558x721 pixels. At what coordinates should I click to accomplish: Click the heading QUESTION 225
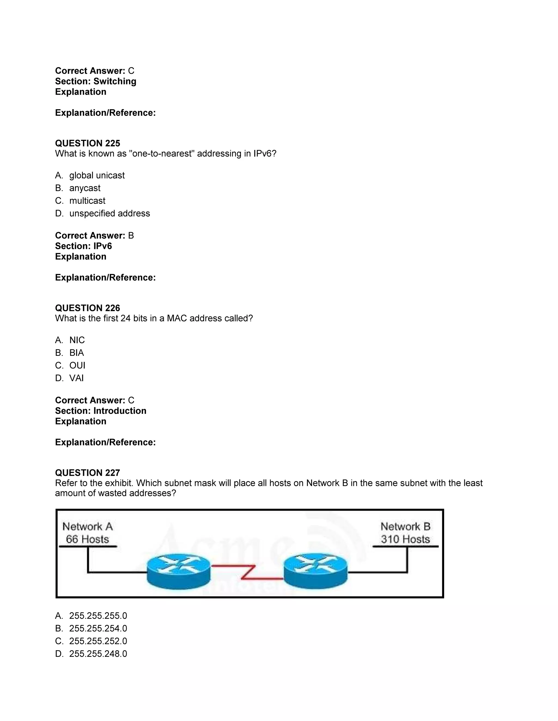click(x=88, y=143)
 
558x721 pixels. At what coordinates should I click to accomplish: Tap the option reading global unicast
click(x=97, y=175)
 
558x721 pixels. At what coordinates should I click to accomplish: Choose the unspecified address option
click(x=110, y=213)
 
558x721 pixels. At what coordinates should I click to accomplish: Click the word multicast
click(x=87, y=201)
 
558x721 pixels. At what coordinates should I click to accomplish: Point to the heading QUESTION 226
click(x=88, y=308)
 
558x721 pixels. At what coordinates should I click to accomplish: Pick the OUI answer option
click(x=77, y=365)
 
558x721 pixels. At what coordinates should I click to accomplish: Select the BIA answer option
click(x=76, y=353)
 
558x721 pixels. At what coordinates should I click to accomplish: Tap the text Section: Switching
click(x=96, y=81)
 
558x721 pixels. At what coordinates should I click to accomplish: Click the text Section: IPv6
click(x=83, y=246)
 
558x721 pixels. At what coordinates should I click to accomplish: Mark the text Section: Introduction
click(x=101, y=411)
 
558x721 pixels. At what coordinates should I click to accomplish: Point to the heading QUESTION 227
click(x=88, y=473)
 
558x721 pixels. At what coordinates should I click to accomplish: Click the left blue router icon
click(x=178, y=571)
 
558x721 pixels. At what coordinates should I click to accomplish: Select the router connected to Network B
click(x=316, y=571)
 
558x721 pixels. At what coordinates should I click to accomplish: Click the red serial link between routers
click(x=248, y=572)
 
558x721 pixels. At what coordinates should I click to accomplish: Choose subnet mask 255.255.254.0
click(x=98, y=628)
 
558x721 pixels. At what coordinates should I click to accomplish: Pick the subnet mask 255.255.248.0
click(x=98, y=654)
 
